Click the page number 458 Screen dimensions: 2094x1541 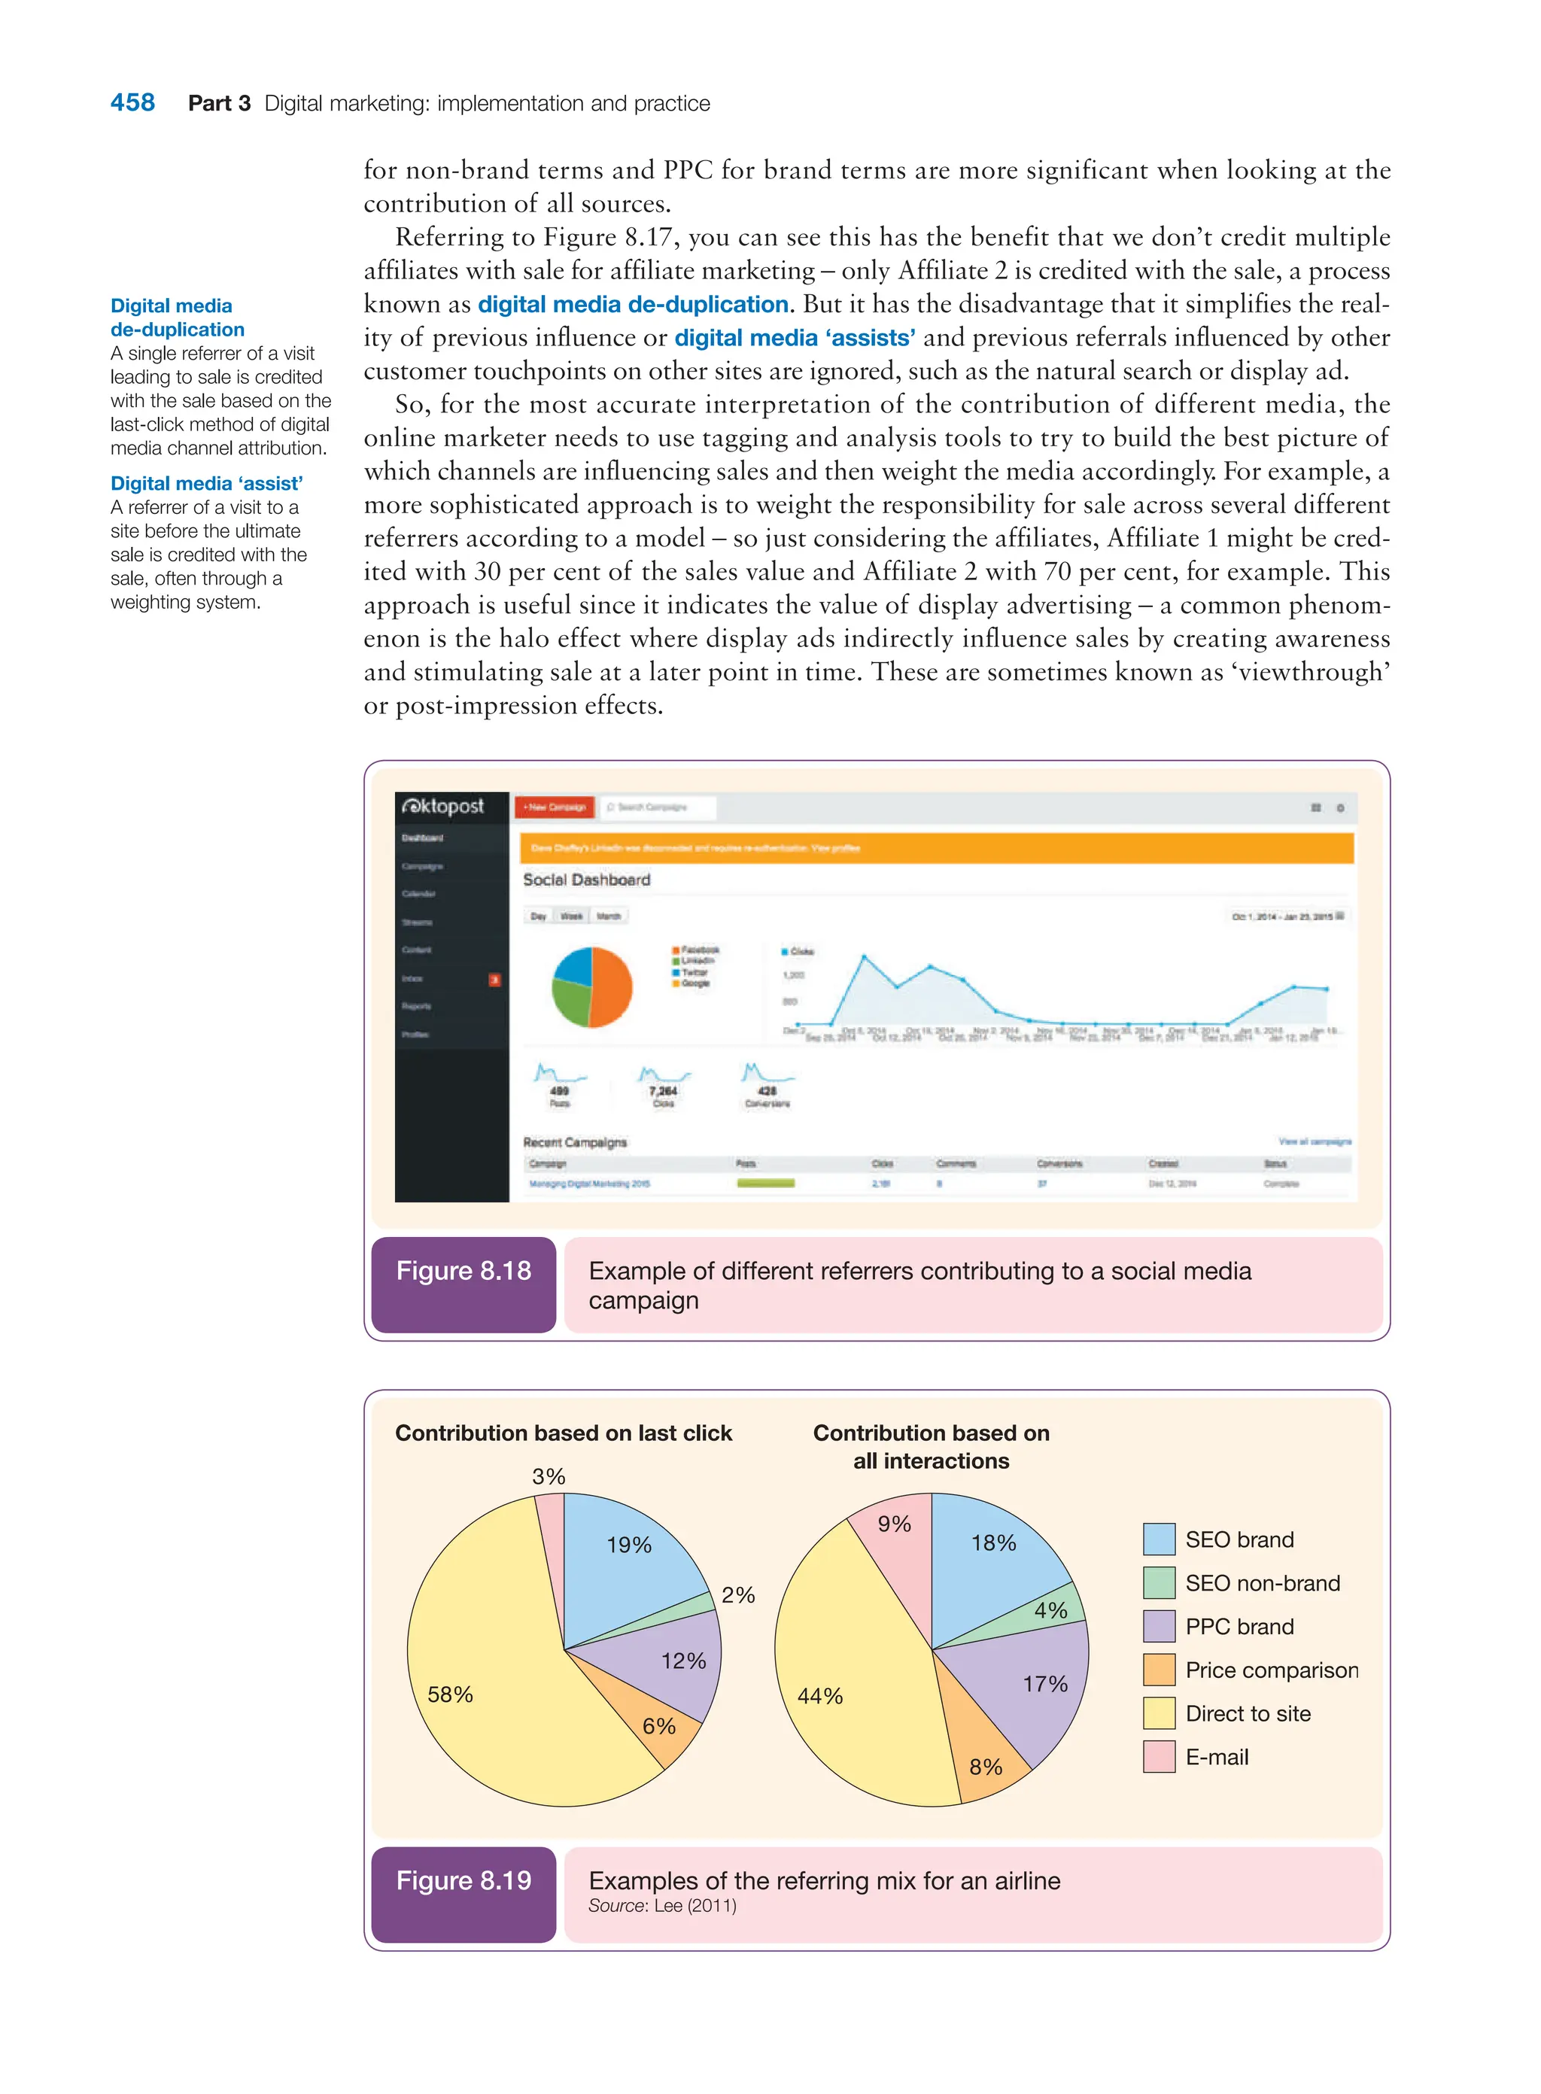pos(132,102)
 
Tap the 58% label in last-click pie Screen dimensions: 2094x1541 pos(450,1694)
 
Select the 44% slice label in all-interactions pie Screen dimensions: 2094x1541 pos(820,1696)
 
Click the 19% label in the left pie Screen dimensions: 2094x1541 pos(629,1545)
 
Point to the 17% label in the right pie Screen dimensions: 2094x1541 pos(1044,1684)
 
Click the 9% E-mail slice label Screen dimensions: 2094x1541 pos(894,1524)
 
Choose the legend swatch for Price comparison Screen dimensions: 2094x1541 pos(1159,1670)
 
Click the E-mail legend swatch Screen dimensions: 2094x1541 pos(1159,1757)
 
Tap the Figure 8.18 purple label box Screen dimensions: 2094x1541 pos(464,1284)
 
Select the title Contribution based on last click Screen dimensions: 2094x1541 pos(564,1433)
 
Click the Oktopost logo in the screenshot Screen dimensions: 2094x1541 pos(444,806)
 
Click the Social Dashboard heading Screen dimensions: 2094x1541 pos(586,880)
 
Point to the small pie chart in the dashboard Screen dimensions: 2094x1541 pos(591,986)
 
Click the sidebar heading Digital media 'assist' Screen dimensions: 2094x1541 pos(206,483)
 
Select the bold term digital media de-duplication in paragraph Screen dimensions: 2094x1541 pos(633,305)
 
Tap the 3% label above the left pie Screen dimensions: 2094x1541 pos(549,1476)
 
